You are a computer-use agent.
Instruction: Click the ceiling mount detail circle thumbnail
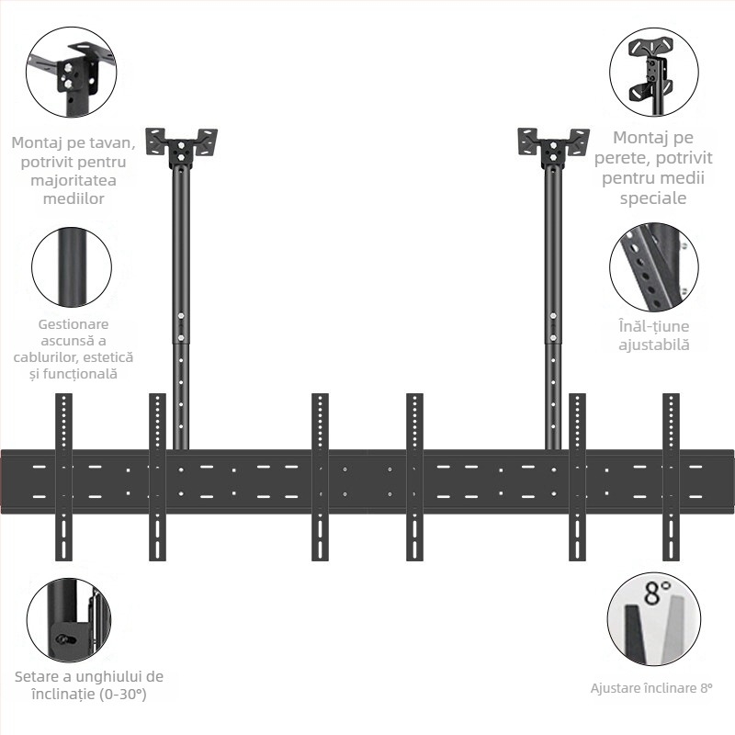click(x=70, y=72)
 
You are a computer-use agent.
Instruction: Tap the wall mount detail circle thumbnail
click(x=653, y=71)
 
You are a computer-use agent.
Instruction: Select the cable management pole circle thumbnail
click(x=71, y=267)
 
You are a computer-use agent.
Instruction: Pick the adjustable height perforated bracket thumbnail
click(x=653, y=266)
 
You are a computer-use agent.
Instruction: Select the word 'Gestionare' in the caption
click(x=73, y=323)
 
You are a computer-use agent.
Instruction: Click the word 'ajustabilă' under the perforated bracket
click(x=653, y=345)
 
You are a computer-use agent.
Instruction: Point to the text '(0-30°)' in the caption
click(x=116, y=694)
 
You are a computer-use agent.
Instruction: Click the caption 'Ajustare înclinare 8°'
click(x=651, y=687)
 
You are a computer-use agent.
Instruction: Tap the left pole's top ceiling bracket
click(x=181, y=143)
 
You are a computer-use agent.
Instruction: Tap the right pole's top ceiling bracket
click(x=553, y=143)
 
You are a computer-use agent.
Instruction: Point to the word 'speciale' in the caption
click(x=653, y=198)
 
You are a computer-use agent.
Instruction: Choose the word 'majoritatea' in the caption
click(x=71, y=180)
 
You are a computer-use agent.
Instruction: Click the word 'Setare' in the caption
click(x=38, y=676)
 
